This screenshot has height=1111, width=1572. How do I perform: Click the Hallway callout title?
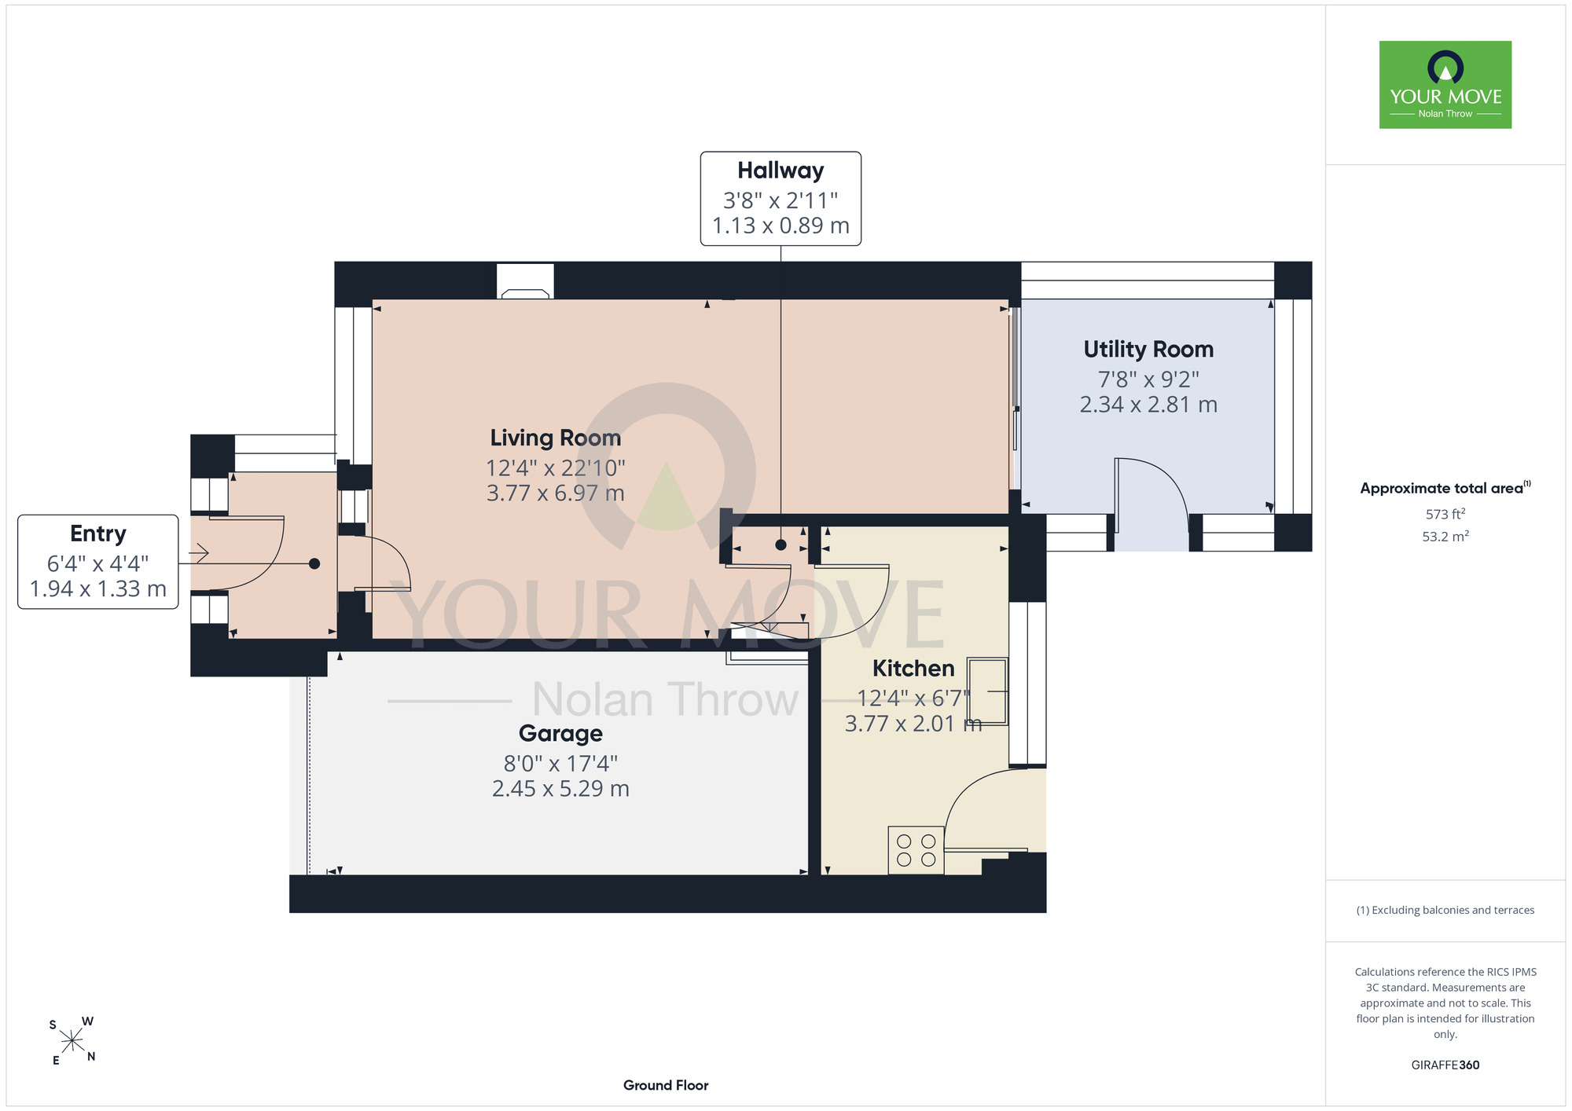click(780, 170)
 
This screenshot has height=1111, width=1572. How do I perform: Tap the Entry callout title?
click(98, 533)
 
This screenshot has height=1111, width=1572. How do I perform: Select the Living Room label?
click(556, 438)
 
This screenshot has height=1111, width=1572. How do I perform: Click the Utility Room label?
click(1148, 349)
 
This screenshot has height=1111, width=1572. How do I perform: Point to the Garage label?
click(560, 734)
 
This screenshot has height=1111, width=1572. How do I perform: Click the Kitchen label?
click(913, 669)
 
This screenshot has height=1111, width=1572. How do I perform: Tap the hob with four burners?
click(916, 850)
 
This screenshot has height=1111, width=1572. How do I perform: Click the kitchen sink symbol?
click(987, 691)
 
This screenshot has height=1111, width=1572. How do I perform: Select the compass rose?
click(72, 1041)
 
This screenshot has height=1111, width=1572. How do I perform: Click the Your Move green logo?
click(1445, 85)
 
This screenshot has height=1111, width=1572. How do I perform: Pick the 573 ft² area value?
click(1445, 514)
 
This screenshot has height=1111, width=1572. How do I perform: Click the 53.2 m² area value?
click(1445, 537)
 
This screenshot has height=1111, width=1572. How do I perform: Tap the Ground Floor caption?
click(666, 1085)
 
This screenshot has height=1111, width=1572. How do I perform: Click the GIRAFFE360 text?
click(1445, 1065)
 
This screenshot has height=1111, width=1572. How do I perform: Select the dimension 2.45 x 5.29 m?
click(560, 788)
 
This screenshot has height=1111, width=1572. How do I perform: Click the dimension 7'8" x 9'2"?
click(1148, 379)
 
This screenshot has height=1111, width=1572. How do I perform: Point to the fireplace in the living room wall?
click(525, 281)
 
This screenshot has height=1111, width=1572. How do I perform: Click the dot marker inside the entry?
click(314, 563)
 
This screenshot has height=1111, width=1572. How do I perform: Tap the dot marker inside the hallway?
click(780, 544)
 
